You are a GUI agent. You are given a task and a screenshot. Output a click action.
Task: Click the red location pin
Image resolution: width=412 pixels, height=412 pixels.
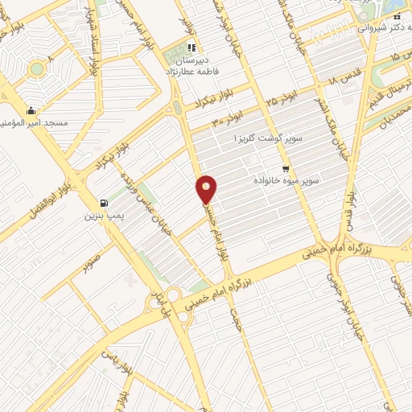207,189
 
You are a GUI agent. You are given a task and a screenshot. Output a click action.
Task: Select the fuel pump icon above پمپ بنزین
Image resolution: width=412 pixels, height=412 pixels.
103,203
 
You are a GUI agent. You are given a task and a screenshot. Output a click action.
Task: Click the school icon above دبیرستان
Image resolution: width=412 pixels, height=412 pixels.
192,48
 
